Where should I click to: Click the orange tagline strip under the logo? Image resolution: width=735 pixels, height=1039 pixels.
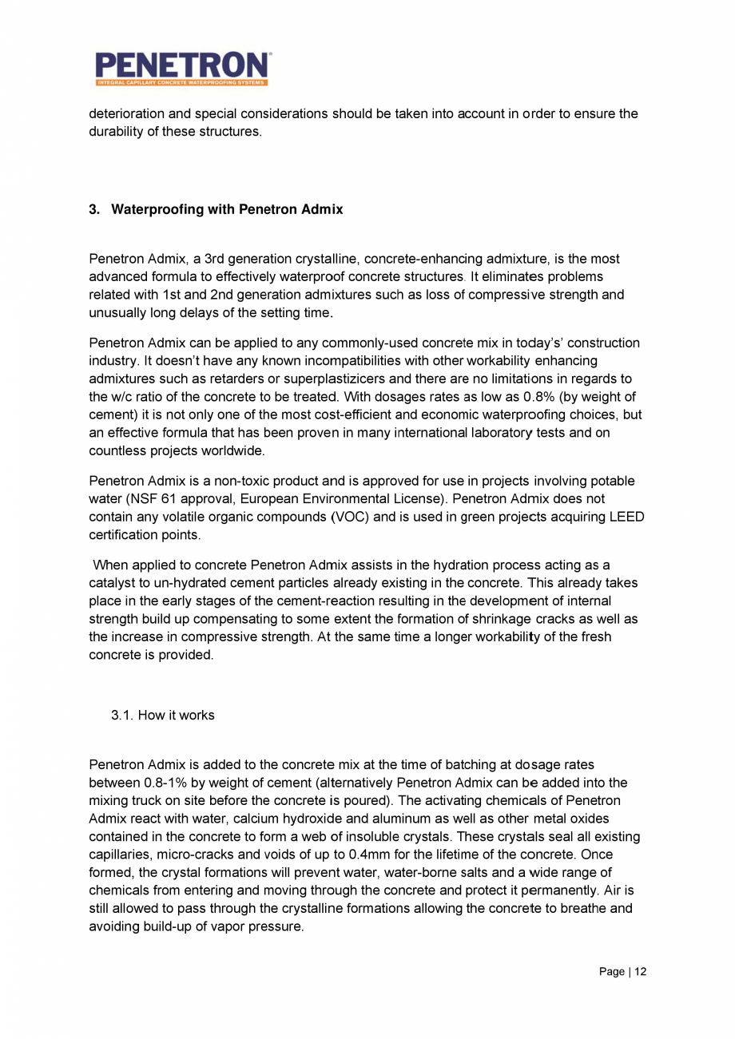coord(182,82)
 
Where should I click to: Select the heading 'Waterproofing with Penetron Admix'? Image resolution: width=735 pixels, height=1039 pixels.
coord(227,209)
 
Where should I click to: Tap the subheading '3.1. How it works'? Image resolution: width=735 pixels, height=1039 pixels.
coord(163,715)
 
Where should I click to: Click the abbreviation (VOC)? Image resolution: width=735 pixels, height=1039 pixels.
coord(348,516)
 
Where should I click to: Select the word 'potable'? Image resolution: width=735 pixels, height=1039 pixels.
coord(613,481)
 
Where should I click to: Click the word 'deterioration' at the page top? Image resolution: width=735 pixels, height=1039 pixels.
coord(126,114)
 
